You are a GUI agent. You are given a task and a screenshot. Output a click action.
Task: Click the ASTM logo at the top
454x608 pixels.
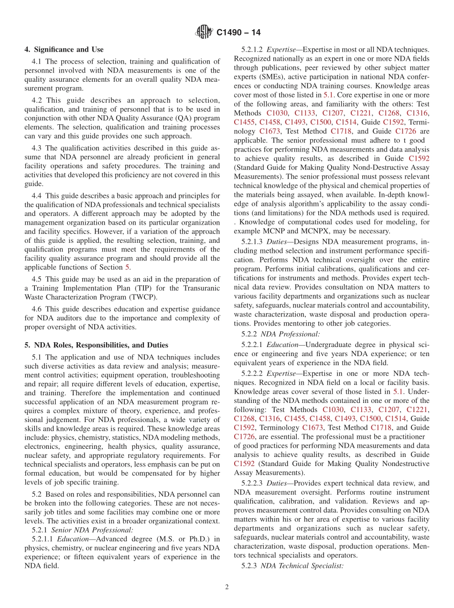click(x=204, y=33)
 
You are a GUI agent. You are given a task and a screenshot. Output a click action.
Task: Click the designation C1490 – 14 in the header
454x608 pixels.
click(x=238, y=33)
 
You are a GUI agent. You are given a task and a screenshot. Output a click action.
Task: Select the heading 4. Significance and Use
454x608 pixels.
click(x=64, y=49)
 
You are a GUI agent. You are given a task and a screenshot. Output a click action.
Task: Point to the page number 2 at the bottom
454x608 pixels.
click(x=227, y=587)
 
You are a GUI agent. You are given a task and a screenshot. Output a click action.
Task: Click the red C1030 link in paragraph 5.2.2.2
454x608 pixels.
click(x=333, y=410)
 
